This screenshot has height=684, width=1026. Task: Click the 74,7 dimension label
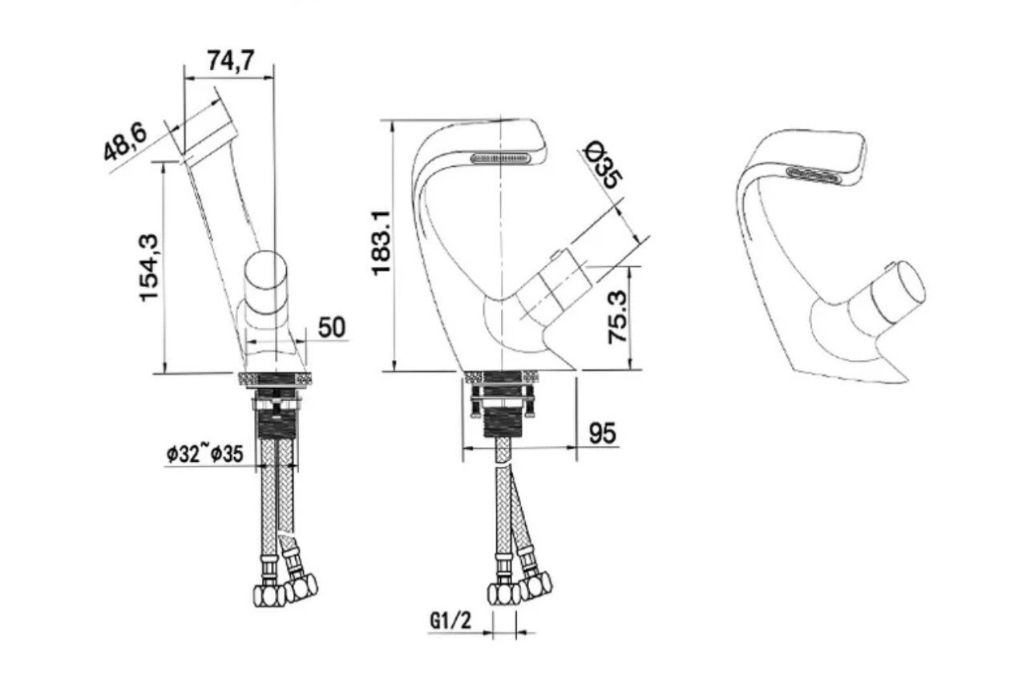click(230, 60)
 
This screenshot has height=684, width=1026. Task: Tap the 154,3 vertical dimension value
click(149, 268)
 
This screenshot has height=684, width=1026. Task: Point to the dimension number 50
click(332, 327)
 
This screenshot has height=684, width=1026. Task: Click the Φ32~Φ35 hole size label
click(205, 454)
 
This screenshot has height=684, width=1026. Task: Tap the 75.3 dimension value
click(617, 317)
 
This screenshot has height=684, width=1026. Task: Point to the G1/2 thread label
click(450, 621)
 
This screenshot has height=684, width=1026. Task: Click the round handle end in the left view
click(265, 271)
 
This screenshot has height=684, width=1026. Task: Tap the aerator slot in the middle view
click(501, 158)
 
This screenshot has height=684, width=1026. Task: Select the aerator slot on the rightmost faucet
click(814, 175)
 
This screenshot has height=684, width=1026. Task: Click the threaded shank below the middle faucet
click(503, 422)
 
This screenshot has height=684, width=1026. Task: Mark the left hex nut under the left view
click(269, 595)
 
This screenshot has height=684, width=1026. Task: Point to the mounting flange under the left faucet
click(275, 379)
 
